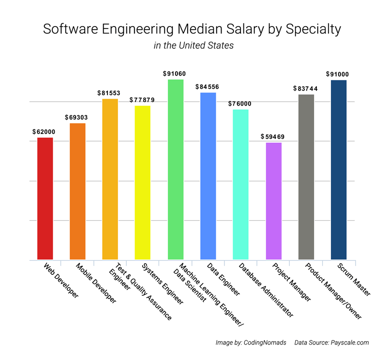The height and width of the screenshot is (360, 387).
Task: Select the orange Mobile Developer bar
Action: [x=78, y=191]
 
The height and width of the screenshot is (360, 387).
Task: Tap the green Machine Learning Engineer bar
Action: [x=176, y=169]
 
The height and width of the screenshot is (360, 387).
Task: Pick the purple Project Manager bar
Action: [x=274, y=201]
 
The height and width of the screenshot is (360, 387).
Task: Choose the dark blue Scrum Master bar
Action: [x=339, y=169]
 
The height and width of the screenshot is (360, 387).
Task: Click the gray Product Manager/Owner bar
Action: [x=306, y=177]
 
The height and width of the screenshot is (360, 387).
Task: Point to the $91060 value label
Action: [x=176, y=74]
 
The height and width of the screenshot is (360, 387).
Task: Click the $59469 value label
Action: [x=273, y=137]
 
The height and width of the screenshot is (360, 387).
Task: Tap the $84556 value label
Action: [x=208, y=87]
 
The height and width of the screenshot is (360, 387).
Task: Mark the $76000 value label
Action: [x=240, y=104]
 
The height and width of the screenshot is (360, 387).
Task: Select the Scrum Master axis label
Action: [x=355, y=280]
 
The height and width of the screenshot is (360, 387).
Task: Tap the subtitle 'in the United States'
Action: [x=193, y=46]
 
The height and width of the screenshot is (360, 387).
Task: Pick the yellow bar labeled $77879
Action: [x=143, y=182]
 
